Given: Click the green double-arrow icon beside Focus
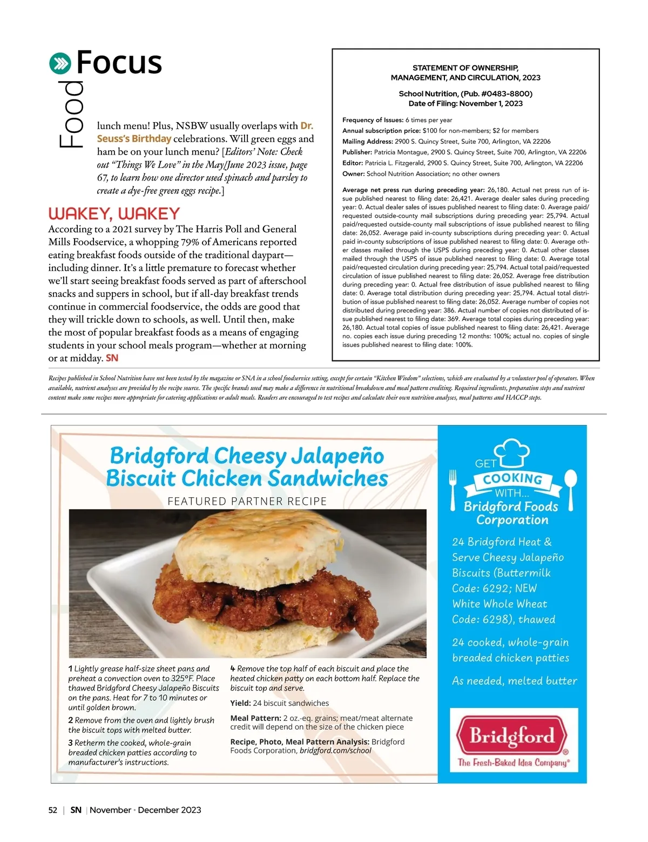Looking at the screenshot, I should click(60, 64).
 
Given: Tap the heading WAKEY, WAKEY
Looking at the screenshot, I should click(114, 214).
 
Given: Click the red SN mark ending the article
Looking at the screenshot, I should click(112, 358).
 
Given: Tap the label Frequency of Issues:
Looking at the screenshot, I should click(373, 120).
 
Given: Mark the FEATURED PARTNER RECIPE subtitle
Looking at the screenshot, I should click(247, 502).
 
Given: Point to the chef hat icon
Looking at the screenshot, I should click(513, 451).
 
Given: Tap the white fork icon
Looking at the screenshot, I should click(453, 489).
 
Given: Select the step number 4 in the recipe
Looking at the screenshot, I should click(233, 669).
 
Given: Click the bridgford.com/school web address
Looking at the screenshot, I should click(335, 751).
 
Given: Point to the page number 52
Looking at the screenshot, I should click(53, 810).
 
